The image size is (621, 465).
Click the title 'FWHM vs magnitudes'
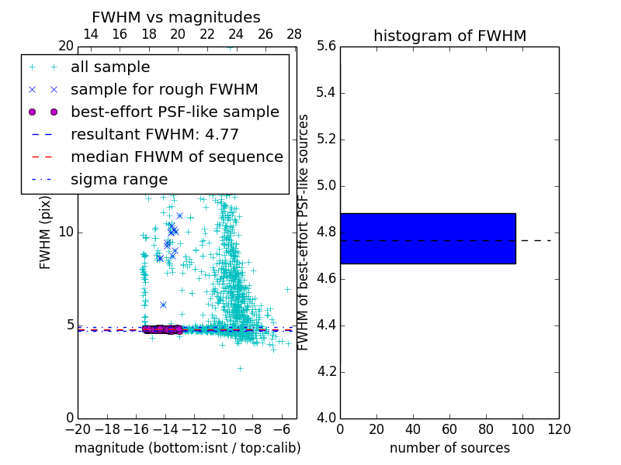176,18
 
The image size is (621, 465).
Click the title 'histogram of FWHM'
449,36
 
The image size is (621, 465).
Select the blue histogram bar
428,238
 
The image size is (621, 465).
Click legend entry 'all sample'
110,67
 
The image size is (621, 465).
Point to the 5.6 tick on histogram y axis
325,46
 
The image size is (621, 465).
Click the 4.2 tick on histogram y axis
325,371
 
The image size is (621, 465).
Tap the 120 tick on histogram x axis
559,429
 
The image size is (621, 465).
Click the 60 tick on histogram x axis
449,429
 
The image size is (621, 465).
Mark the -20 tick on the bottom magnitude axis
78,429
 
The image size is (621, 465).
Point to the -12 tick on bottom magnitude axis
194,429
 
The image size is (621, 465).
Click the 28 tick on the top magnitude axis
294,34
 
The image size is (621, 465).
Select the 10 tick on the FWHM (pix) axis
65,232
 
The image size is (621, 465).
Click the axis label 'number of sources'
449,448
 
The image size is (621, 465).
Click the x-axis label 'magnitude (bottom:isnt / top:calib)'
187,448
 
